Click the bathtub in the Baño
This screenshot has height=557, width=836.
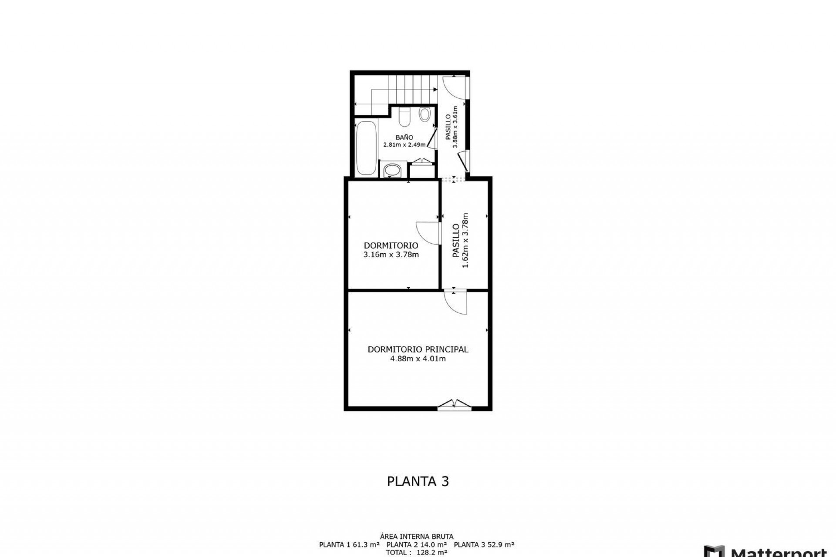pyautogui.click(x=366, y=148)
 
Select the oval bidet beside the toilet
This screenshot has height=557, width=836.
pyautogui.click(x=425, y=114)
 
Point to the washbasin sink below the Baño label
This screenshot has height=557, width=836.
pyautogui.click(x=393, y=170)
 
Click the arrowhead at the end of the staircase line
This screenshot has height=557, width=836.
pyautogui.click(x=435, y=90)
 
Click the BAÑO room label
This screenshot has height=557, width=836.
pyautogui.click(x=405, y=138)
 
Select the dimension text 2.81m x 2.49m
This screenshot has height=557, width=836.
pyautogui.click(x=405, y=144)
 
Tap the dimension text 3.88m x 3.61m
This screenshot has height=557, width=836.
pyautogui.click(x=455, y=127)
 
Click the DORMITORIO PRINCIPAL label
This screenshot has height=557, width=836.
pyautogui.click(x=418, y=349)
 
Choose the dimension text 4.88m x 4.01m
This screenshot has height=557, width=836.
pyautogui.click(x=418, y=359)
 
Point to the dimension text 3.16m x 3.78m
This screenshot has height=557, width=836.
pyautogui.click(x=391, y=255)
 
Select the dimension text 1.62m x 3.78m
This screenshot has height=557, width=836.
pyautogui.click(x=465, y=240)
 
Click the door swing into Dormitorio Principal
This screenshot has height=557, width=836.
pyautogui.click(x=455, y=302)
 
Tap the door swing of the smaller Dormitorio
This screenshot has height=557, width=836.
pyautogui.click(x=428, y=233)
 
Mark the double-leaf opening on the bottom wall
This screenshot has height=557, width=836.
pyautogui.click(x=454, y=404)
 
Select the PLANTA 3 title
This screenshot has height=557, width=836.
pyautogui.click(x=418, y=481)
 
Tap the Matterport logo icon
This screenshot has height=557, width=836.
pyautogui.click(x=714, y=551)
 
